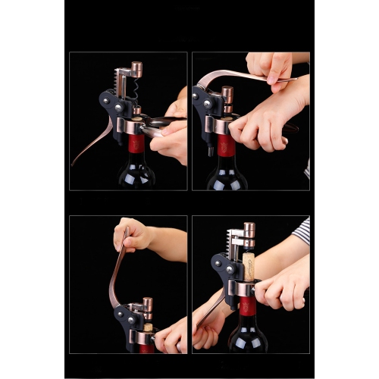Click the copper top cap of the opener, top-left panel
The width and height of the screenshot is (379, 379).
click(x=137, y=69)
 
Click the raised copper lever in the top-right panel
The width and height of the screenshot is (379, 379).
click(x=235, y=76)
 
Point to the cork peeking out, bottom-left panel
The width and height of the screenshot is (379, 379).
click(x=149, y=327)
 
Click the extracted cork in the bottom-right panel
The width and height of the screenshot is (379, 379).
click(x=248, y=268)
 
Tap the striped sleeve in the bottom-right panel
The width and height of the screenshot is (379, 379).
click(x=302, y=232)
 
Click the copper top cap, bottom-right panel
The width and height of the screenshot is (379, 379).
click(x=249, y=229)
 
